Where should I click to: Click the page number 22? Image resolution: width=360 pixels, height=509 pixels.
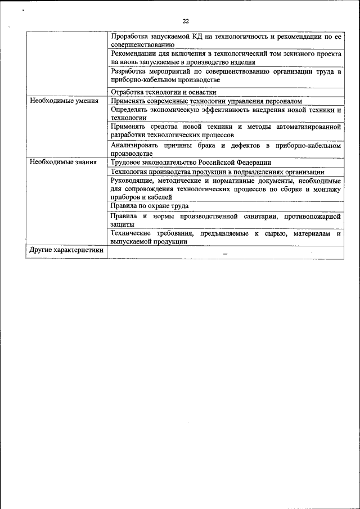pos(186,21)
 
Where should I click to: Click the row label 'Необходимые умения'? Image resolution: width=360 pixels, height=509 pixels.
pos(64,101)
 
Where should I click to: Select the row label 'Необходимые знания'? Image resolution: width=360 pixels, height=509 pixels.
pos(63,162)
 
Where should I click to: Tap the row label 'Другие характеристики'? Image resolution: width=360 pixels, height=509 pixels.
pos(67,250)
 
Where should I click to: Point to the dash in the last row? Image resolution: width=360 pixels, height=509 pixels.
pos(225,254)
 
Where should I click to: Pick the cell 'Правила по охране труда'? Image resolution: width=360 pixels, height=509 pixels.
pos(149,206)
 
